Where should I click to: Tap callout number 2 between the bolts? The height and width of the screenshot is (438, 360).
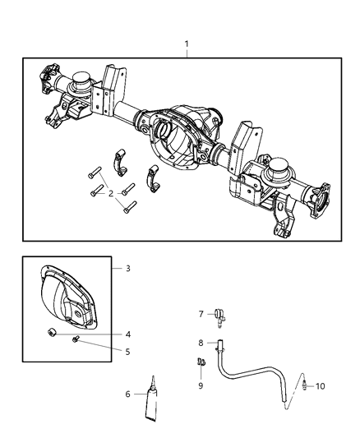(110, 194)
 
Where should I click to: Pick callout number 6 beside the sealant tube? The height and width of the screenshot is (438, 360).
(128, 394)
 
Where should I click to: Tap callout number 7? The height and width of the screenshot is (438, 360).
(200, 314)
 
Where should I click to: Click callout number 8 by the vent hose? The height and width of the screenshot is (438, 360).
(200, 343)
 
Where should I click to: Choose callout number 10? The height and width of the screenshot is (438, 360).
(321, 385)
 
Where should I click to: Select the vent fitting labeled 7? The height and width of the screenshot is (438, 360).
(220, 314)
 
